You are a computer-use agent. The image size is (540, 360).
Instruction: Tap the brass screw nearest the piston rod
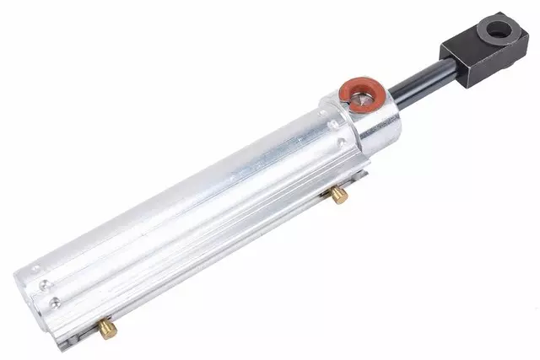pyautogui.click(x=338, y=196)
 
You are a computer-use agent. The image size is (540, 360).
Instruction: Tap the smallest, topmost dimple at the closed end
pyautogui.click(x=35, y=271)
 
